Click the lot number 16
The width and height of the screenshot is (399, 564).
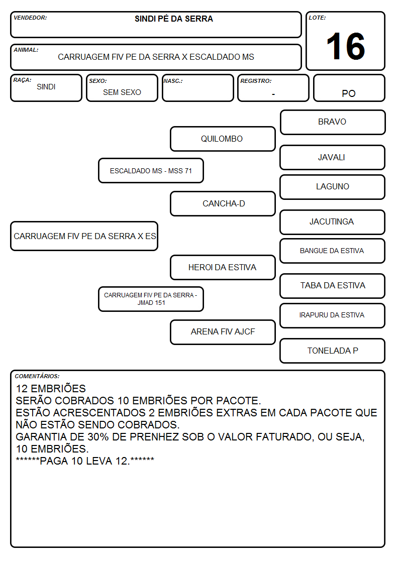[345, 46]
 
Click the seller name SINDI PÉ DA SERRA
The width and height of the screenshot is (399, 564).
[174, 19]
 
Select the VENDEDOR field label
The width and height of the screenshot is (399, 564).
[30, 18]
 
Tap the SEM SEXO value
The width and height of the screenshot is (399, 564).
[122, 92]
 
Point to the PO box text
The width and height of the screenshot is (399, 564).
[349, 93]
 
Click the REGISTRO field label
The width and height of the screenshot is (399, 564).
[256, 81]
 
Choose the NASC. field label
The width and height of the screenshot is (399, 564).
[173, 81]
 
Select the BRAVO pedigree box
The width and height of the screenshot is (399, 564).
[333, 123]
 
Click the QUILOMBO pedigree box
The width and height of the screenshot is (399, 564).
[223, 139]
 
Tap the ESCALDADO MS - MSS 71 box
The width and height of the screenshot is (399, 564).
[151, 170]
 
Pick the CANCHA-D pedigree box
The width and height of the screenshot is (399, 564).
[223, 203]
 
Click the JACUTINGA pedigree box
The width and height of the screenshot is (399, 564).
[333, 222]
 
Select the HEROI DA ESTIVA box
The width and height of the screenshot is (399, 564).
[223, 267]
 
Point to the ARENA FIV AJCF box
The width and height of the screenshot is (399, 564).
[223, 332]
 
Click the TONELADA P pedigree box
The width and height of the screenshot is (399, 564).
[333, 351]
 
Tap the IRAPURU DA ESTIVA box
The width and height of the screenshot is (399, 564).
[333, 315]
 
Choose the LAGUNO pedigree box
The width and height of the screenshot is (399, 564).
[333, 187]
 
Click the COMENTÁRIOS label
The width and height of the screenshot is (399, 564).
[37, 376]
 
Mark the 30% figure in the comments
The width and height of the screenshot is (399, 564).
[98, 436]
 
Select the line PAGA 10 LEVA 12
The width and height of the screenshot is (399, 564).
[85, 461]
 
